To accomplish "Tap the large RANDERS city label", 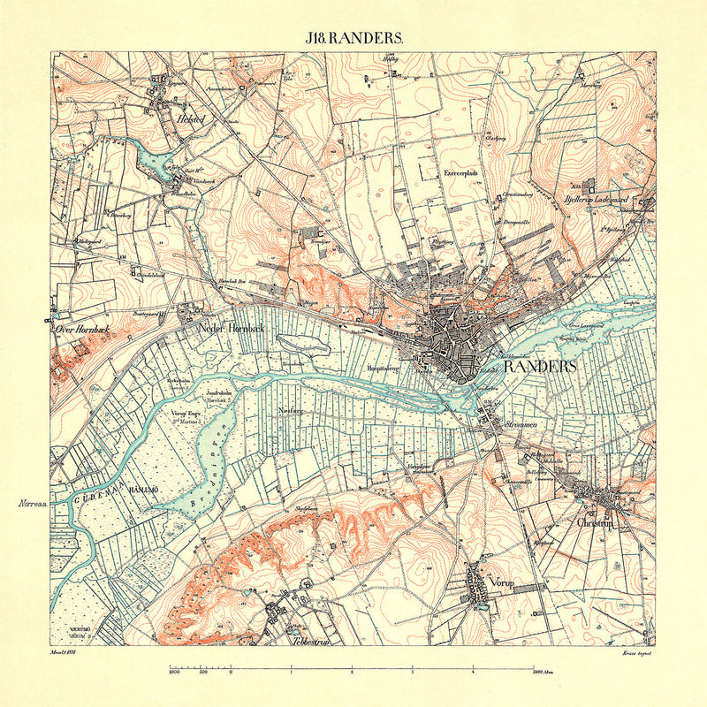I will (540, 366).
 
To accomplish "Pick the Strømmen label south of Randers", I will (521, 426).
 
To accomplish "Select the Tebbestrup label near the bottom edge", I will (304, 642).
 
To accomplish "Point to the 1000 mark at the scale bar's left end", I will (173, 673).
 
